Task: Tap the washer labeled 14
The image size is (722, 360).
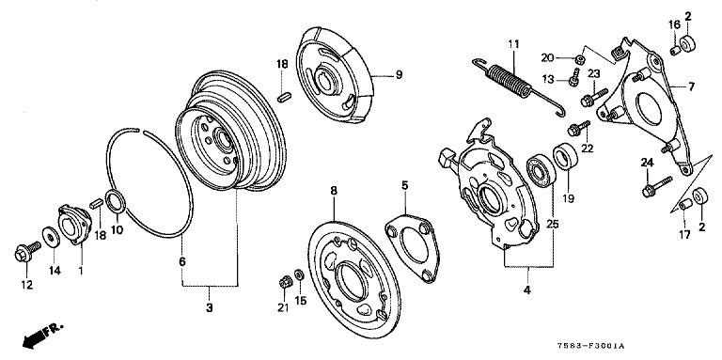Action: point(50,236)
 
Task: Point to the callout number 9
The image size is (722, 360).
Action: point(399,74)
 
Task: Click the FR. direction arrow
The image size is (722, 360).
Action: point(41,336)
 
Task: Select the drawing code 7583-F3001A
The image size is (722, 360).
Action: point(592,346)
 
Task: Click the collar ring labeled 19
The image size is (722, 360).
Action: point(565,156)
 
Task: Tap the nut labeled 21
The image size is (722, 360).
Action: point(284,281)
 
